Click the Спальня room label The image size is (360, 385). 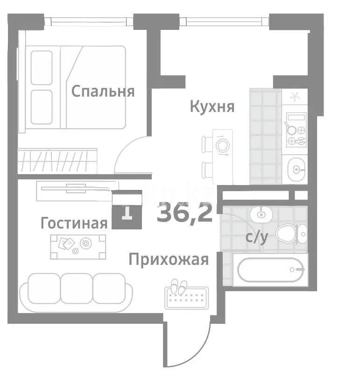103,91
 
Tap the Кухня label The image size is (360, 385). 212,107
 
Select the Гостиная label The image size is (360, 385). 74,223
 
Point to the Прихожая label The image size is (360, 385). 169,259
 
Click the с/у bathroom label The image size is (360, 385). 257,237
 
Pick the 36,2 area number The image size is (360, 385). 185,214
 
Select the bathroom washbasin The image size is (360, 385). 261,214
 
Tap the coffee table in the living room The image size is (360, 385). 78,246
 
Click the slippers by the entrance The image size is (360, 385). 178,286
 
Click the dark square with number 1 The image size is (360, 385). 127,213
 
